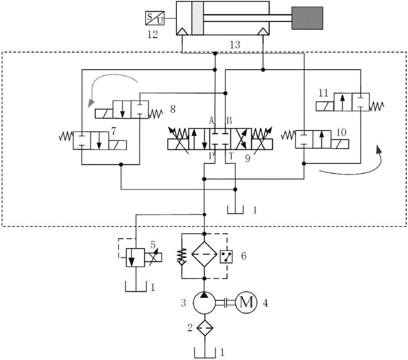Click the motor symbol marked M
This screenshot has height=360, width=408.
click(x=246, y=302)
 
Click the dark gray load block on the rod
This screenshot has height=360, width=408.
click(x=307, y=18)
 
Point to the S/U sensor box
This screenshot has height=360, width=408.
click(x=155, y=18)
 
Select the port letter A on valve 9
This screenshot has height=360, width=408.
click(x=211, y=121)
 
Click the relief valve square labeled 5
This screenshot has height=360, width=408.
click(x=134, y=257)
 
